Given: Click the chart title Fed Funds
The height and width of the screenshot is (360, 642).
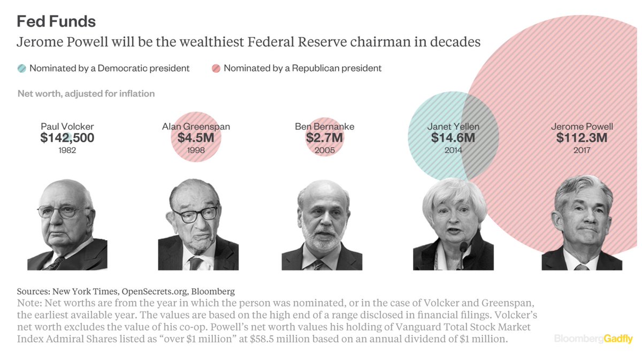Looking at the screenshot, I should point(56,21).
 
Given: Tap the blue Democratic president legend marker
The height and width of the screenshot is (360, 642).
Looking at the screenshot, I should point(21,68).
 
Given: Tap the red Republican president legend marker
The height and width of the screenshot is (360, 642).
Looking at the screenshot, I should point(216,68).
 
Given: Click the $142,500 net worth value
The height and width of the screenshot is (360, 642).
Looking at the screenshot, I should point(67,138).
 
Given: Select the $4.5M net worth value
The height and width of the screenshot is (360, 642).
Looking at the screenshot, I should point(196,138).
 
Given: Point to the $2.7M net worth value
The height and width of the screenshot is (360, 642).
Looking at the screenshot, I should point(324,138).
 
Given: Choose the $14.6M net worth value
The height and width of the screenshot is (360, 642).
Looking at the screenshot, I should point(453,138).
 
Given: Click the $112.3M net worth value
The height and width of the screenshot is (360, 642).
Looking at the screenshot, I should point(582,138).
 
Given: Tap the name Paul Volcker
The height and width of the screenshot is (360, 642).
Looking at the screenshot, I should point(67,127).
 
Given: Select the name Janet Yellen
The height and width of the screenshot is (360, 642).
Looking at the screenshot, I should point(453,127).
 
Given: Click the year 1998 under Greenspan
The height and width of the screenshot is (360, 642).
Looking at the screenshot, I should point(196,150).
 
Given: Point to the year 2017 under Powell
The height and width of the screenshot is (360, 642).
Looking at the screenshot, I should point(582,150).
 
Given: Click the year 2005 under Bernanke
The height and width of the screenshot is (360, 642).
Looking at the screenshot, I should point(324,150).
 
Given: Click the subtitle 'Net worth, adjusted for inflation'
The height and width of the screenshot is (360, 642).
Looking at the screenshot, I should point(86,94).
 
